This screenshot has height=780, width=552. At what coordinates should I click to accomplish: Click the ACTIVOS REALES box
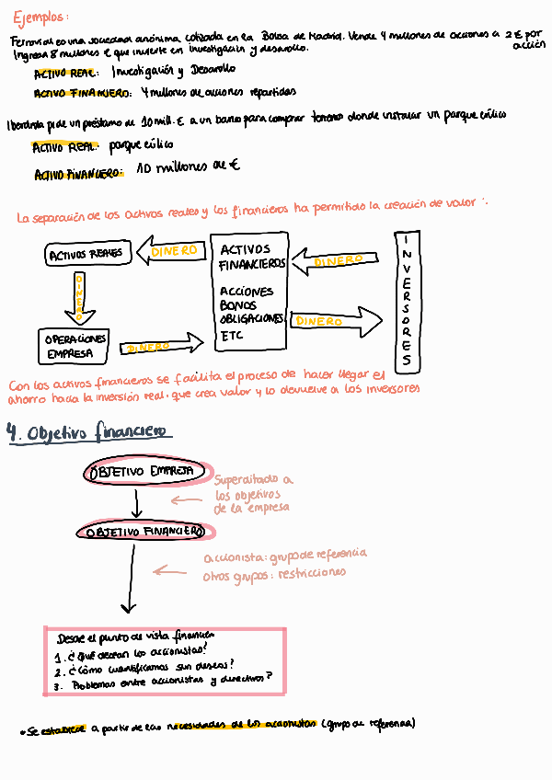coord(85,254)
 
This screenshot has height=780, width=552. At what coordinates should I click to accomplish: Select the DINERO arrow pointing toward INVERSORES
coord(336,321)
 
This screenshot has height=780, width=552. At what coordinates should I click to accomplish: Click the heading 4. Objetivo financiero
coord(90,433)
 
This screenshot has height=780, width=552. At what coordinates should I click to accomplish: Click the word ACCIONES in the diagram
coord(247,291)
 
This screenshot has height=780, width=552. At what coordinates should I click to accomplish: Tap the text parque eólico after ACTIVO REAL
coord(141,145)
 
